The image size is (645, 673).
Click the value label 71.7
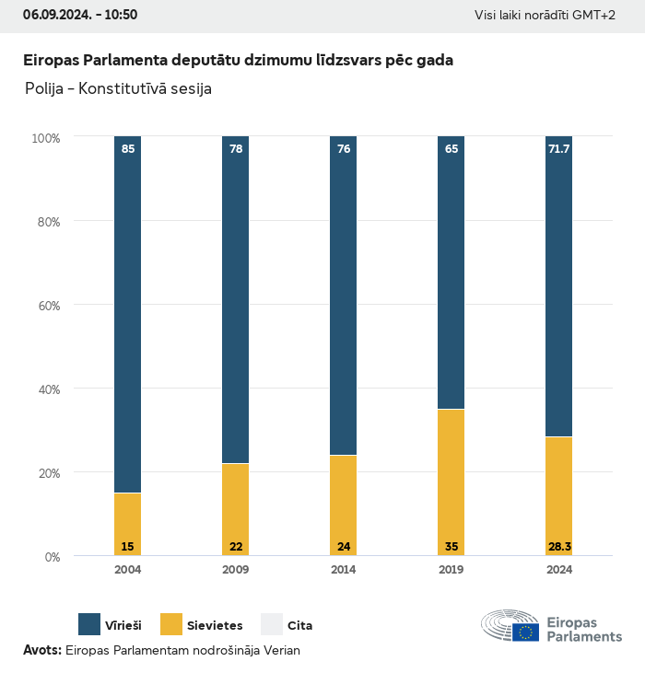[559, 148]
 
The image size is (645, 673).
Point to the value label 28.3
[559, 547]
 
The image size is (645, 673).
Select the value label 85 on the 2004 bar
[128, 148]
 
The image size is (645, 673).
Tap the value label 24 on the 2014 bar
[344, 547]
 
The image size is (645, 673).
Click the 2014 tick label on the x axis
[344, 570]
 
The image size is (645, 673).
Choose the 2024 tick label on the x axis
[559, 570]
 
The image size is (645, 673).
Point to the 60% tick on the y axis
[47, 305]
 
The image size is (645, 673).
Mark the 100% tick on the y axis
[45, 138]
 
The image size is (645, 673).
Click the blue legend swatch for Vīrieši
[89, 624]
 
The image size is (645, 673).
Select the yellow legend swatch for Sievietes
[171, 624]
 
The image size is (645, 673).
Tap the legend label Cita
[299, 626]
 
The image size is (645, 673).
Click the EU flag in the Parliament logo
[526, 632]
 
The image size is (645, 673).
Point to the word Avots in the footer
[41, 650]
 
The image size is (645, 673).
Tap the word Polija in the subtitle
[44, 89]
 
